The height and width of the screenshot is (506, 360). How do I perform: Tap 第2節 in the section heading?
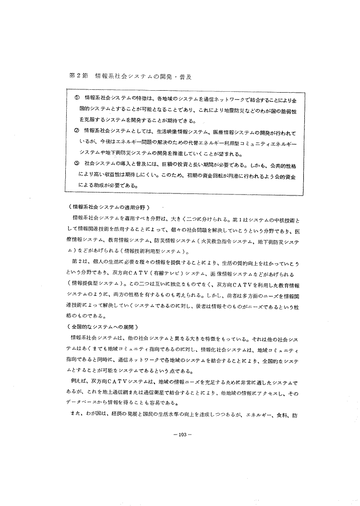tap(79, 77)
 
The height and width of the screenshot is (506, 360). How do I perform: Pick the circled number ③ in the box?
tap(77, 163)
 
